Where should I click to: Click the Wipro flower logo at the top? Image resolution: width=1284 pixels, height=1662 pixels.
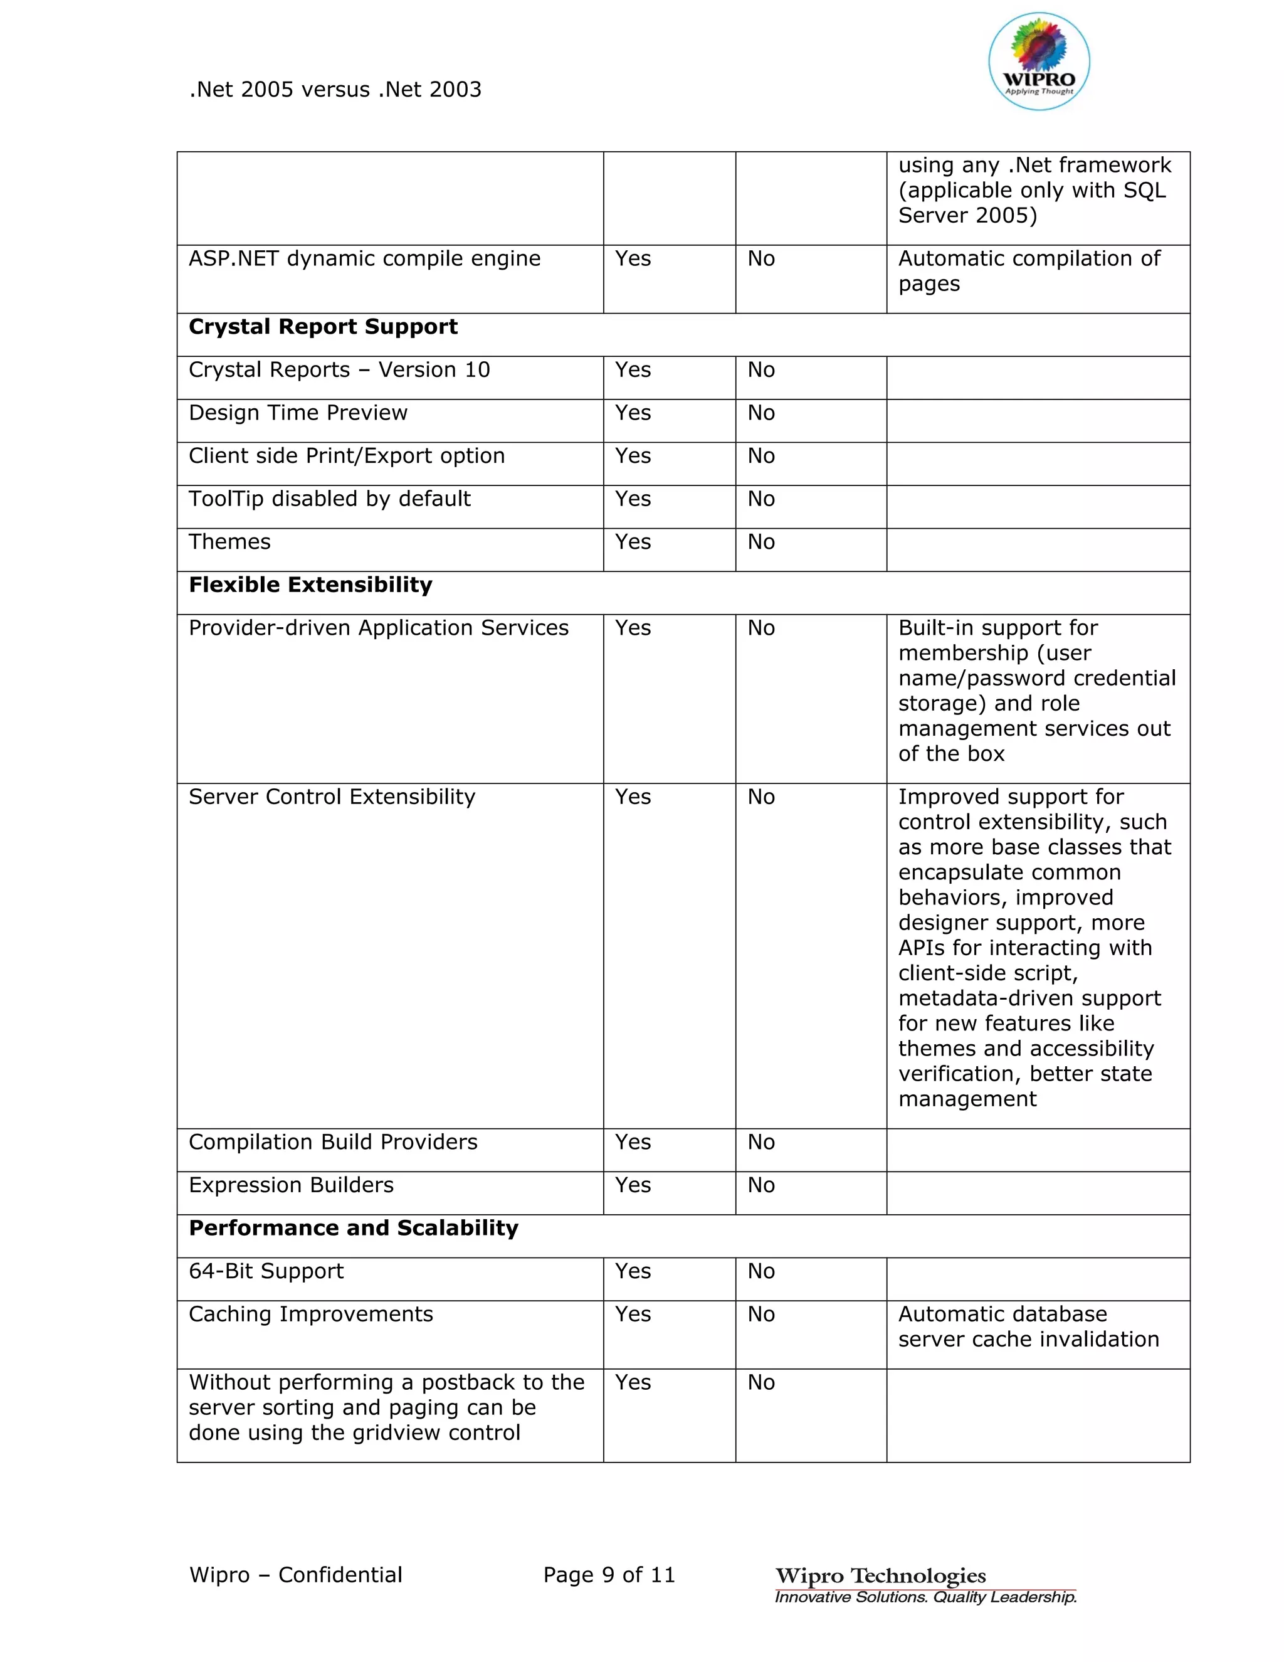(x=1038, y=61)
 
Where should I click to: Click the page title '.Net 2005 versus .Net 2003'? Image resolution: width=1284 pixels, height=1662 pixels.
(x=335, y=90)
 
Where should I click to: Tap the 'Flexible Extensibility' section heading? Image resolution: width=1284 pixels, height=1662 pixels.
(x=310, y=585)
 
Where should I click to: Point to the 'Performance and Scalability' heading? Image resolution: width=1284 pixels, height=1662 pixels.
(x=353, y=1228)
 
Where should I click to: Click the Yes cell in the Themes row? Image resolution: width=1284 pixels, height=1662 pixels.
(x=633, y=543)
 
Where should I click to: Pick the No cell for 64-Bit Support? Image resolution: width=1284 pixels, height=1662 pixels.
(x=760, y=1272)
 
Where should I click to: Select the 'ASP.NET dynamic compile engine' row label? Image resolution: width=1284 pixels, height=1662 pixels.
(x=364, y=260)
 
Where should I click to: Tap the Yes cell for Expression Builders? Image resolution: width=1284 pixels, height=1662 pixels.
(x=633, y=1185)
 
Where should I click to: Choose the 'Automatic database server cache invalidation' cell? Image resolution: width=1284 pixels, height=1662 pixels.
(x=1028, y=1327)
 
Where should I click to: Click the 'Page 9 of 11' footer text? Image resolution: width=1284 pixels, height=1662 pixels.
(x=609, y=1575)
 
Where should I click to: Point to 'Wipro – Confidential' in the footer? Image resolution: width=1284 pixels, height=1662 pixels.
(x=295, y=1575)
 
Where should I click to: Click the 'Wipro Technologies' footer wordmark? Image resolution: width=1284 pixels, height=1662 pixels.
(x=880, y=1575)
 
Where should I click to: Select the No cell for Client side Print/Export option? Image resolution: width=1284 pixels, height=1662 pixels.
(x=760, y=457)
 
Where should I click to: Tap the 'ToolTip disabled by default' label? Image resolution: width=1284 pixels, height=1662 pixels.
(x=329, y=499)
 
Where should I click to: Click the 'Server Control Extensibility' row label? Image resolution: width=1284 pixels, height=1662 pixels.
(x=332, y=798)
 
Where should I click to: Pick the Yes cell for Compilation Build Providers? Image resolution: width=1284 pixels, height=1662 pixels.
(x=633, y=1142)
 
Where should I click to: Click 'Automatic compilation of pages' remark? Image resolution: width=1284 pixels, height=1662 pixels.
(x=1028, y=272)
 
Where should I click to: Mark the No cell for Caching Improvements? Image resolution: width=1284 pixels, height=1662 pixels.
(x=760, y=1315)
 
